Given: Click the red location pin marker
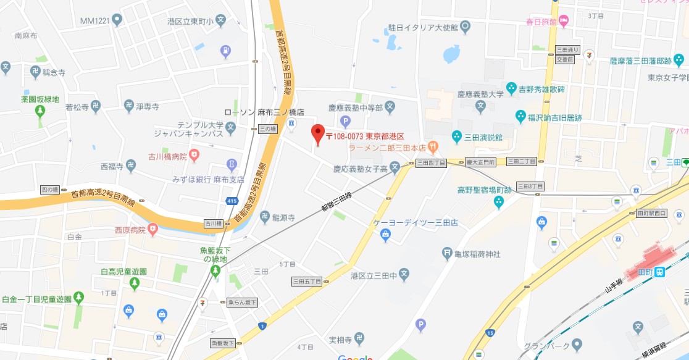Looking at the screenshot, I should [317, 134].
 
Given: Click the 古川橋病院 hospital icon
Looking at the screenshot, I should [194, 154].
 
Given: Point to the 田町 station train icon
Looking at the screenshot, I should [659, 272].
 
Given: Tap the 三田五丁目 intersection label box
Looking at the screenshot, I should [307, 282].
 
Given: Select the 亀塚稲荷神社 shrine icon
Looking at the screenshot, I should [448, 253].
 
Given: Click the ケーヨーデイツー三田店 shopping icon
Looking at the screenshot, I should [386, 234].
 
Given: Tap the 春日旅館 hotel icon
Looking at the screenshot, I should [564, 22].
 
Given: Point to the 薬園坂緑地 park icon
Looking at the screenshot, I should [40, 111].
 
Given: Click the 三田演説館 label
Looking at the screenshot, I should [485, 136].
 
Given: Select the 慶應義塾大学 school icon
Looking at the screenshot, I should [481, 107].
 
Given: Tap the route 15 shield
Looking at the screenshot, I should [490, 334].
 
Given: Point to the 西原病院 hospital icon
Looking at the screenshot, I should [152, 230].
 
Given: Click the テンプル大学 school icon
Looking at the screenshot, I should [230, 128].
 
